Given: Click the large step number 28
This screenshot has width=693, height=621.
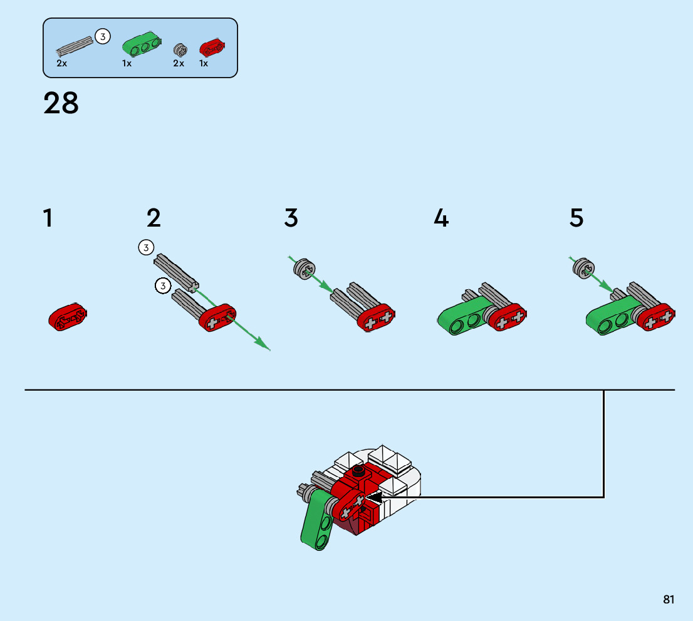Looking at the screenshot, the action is click(61, 103).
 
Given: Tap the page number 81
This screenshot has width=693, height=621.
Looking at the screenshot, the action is click(669, 599).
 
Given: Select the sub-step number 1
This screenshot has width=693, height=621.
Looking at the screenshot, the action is click(48, 218).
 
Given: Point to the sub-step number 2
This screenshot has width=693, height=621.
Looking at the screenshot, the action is click(154, 218).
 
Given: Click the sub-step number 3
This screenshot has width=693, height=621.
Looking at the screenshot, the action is click(291, 218).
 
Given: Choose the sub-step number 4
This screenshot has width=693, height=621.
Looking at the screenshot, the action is click(442, 218).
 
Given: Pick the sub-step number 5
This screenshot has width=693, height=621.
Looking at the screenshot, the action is click(576, 218).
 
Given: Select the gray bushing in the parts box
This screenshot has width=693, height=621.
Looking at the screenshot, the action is click(179, 49).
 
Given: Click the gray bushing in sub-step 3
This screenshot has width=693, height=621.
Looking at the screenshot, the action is click(303, 269).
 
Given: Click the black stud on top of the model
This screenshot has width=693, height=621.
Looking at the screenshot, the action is click(359, 471).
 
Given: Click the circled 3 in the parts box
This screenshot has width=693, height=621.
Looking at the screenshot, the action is click(103, 36).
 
